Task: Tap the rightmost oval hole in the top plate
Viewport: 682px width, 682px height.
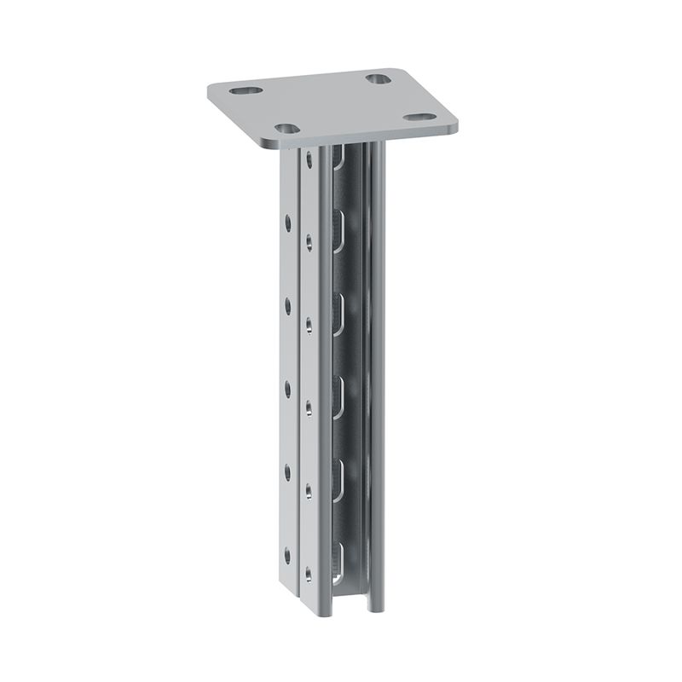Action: click(417, 116)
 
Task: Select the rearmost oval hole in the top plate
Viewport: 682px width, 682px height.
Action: click(379, 78)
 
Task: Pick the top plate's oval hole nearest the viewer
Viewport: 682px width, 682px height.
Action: click(287, 129)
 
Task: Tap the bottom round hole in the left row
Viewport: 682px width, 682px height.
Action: click(287, 552)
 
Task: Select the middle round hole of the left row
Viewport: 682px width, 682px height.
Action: click(287, 389)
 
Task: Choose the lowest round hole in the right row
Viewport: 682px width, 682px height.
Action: click(309, 574)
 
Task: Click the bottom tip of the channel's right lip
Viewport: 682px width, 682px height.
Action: click(371, 610)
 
